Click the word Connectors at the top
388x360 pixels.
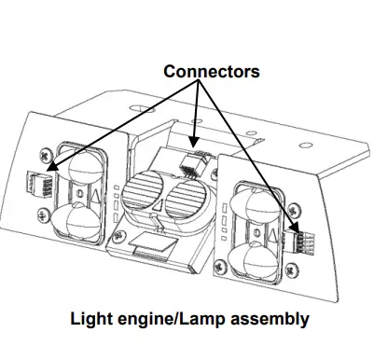[x=212, y=71]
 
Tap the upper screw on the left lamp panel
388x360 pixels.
[x=47, y=155]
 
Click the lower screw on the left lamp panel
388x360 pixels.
[x=43, y=215]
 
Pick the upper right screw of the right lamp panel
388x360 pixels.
[x=294, y=211]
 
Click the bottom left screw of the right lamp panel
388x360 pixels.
[x=220, y=266]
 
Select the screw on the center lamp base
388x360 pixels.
[x=118, y=236]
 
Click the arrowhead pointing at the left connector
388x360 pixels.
[x=53, y=166]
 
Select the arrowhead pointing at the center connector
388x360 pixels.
[x=193, y=142]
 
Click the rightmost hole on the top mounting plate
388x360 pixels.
[x=306, y=145]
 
